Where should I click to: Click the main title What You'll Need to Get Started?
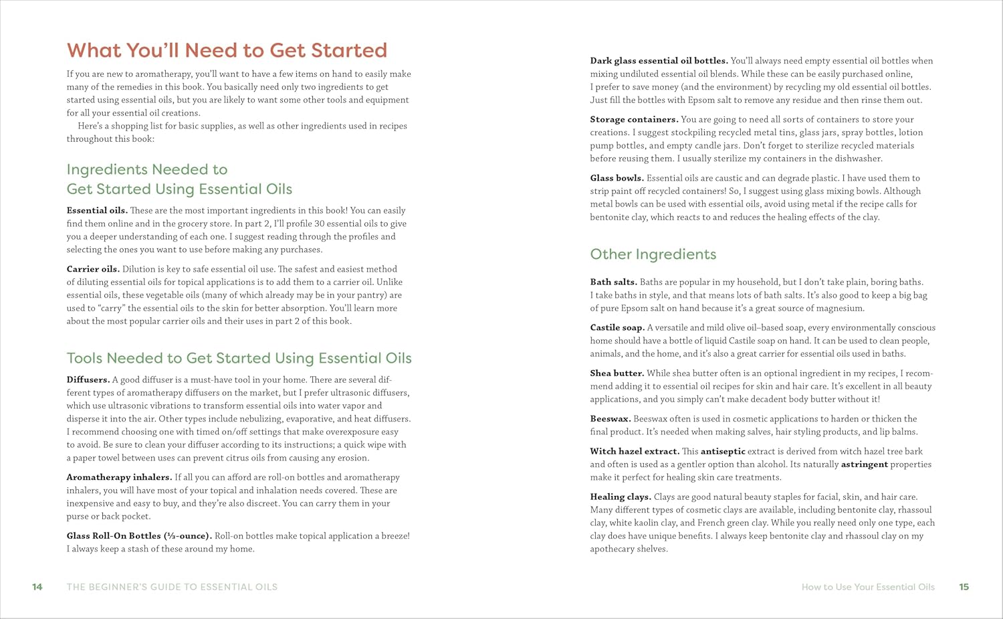[227, 51]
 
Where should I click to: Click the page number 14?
[37, 587]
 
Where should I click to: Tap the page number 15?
[964, 587]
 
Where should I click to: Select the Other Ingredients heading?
[653, 254]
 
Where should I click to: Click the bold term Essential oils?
[97, 211]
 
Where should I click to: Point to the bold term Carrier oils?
[93, 269]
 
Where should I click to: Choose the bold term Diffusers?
[88, 379]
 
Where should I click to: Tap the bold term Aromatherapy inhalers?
[119, 477]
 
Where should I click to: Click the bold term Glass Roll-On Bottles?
[138, 536]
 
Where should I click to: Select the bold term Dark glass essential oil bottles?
[659, 61]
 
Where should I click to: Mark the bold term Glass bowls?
[617, 178]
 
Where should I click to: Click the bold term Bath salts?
[613, 282]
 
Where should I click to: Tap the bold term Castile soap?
[617, 328]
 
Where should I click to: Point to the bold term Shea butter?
[617, 373]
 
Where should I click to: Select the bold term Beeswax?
[610, 419]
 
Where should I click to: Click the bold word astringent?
[864, 464]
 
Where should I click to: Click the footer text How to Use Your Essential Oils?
[868, 587]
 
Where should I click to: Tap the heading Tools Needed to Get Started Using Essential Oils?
[239, 358]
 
